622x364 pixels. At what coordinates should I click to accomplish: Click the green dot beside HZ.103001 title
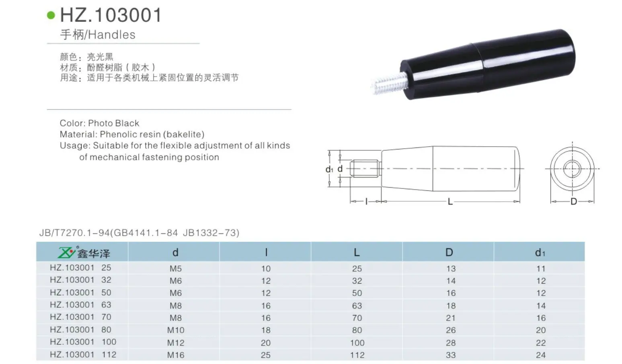point(51,15)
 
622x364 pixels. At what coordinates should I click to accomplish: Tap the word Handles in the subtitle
point(112,35)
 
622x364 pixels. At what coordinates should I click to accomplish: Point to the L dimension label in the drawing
point(450,202)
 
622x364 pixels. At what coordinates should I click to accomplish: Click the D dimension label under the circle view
point(574,202)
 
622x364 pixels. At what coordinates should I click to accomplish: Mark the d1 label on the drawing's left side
point(329,169)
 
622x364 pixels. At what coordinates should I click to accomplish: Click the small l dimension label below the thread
point(366,201)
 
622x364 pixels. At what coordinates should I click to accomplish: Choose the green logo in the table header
point(66,252)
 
